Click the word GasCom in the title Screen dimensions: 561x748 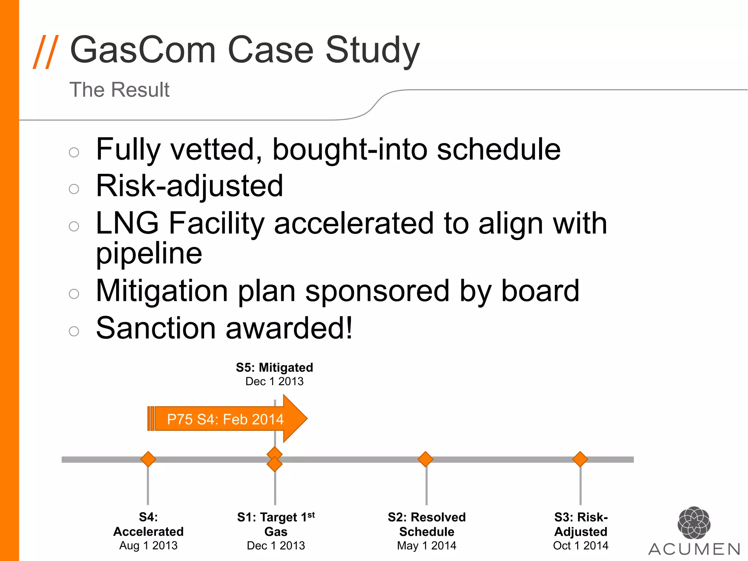142,50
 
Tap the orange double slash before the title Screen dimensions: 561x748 45,51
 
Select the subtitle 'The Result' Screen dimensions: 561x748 119,90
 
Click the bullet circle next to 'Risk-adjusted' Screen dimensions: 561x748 74,189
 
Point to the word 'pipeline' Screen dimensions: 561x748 149,253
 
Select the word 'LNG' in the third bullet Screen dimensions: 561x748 127,223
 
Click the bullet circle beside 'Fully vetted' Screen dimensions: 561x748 74,152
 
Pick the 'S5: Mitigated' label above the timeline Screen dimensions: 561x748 274,367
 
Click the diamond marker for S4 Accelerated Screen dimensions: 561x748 148,459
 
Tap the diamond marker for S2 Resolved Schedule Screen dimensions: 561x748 425,459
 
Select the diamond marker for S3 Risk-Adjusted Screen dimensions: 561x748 580,459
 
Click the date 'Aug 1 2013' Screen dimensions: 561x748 148,545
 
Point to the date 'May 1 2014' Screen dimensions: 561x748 427,545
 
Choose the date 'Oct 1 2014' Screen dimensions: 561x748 580,545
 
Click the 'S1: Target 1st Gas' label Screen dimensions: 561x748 276,524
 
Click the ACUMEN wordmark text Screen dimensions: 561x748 694,549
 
